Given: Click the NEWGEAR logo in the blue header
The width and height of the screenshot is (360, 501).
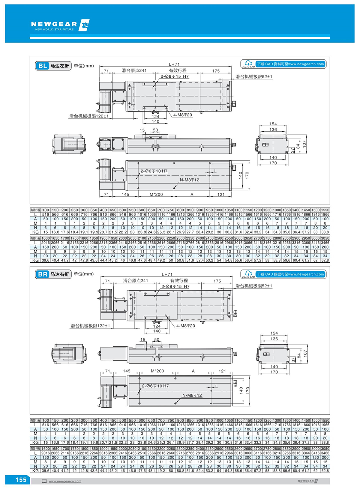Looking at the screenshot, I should (x=60, y=25).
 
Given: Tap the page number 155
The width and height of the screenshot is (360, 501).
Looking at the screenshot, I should (x=21, y=480).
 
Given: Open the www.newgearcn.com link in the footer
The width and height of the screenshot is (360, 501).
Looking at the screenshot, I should (x=65, y=481).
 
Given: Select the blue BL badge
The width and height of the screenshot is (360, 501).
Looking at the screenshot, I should (x=43, y=66).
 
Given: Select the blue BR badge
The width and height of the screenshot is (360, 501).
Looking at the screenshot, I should (x=43, y=274).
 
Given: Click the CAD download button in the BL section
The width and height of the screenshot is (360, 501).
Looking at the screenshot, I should (x=290, y=64).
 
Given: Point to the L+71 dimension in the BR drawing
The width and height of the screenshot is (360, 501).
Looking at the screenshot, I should (x=167, y=274).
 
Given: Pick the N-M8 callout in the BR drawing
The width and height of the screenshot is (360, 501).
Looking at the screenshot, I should (x=192, y=395).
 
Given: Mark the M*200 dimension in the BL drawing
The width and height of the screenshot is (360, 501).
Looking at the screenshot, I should (x=156, y=194).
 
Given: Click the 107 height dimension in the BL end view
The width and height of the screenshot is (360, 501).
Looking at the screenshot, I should (x=304, y=144).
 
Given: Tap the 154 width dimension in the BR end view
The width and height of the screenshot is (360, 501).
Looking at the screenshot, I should (x=274, y=333).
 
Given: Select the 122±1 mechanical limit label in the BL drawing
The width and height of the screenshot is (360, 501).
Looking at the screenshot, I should (x=89, y=116).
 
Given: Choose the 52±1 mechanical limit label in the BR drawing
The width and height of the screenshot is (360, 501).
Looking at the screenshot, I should (x=254, y=286).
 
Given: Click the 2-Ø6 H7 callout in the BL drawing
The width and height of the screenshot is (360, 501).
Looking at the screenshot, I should (x=154, y=171).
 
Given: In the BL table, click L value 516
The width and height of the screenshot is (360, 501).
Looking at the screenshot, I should (x=45, y=214).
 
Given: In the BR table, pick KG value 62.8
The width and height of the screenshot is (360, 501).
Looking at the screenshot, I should (x=325, y=471).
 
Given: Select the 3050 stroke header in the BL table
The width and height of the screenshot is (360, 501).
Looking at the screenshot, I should (x=325, y=238).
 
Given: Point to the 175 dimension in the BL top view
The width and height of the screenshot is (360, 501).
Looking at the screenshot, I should (x=216, y=71).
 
